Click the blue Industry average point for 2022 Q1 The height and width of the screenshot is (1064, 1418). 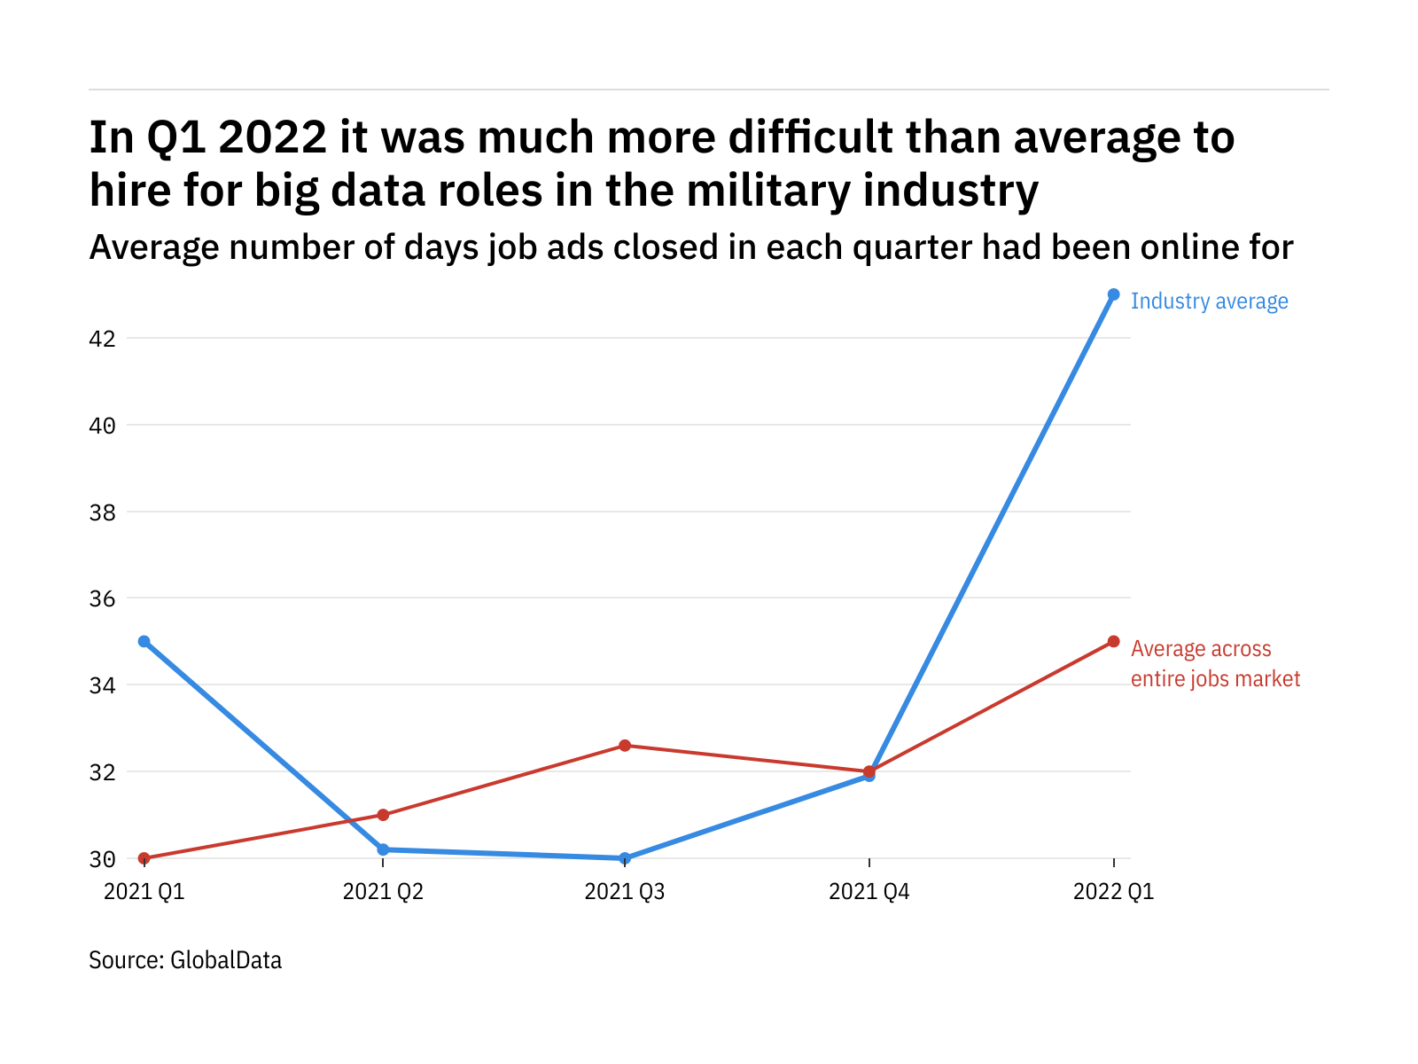1113,294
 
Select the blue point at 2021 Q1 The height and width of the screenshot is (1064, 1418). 144,641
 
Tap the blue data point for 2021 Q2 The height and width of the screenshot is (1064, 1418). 383,849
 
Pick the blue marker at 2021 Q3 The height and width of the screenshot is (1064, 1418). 625,858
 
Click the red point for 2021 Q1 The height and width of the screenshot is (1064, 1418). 144,858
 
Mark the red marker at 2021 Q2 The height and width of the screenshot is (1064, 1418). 383,815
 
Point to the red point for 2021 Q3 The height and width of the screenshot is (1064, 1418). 625,746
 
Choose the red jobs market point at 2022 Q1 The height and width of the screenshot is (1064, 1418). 1113,641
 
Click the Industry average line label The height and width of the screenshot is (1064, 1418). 1209,301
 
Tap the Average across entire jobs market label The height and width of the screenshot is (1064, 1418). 1215,664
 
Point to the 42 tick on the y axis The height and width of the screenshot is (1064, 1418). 103,339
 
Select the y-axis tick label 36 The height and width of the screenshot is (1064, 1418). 103,598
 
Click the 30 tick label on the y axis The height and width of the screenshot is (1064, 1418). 103,859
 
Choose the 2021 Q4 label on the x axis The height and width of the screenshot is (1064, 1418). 869,892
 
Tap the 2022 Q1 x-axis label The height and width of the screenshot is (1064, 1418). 1113,892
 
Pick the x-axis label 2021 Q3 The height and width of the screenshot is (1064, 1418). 625,892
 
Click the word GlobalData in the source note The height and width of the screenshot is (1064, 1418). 226,960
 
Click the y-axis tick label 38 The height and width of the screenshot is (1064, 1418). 103,512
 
